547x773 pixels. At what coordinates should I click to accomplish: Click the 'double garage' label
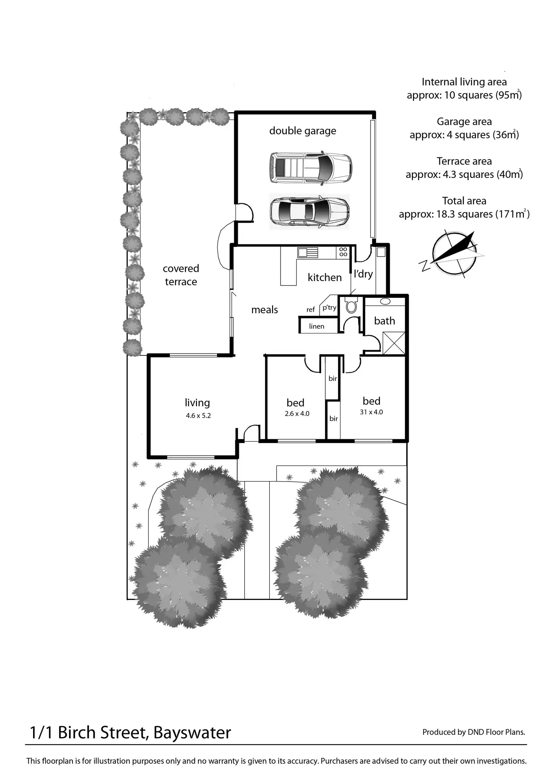tap(302, 131)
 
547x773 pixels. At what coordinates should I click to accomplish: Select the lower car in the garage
tap(309, 211)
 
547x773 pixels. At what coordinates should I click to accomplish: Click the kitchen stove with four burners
tap(343, 252)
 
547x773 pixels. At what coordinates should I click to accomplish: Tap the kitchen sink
tap(307, 252)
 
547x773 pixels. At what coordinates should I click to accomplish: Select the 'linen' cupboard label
tap(317, 326)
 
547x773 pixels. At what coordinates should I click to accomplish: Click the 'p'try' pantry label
tap(329, 307)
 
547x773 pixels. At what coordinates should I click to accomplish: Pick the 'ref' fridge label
tap(311, 310)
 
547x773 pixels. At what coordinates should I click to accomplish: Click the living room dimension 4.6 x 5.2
tap(198, 416)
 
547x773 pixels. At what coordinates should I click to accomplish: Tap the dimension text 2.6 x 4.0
tap(297, 414)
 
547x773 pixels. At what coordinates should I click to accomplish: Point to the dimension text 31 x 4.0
tap(371, 412)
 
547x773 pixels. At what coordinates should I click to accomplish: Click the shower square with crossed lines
tap(394, 343)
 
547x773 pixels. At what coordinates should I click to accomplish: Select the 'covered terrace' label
tap(181, 275)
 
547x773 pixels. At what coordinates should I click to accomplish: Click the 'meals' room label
tap(265, 310)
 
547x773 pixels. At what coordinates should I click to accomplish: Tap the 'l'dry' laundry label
tap(363, 274)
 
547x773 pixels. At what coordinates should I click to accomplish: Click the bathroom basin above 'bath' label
tap(385, 301)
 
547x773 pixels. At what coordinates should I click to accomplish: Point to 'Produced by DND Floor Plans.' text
tap(474, 732)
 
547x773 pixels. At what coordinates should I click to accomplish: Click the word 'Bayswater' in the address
tap(192, 733)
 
